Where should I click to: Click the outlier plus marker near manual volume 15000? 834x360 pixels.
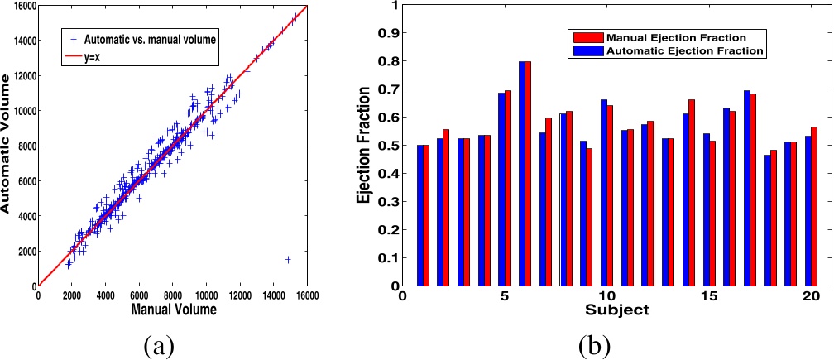288,259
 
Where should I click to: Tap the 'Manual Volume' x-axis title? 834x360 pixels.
175,310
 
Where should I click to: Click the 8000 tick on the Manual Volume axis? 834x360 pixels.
174,295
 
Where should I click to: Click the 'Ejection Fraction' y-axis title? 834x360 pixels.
362,146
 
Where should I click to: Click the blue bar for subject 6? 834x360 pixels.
523,174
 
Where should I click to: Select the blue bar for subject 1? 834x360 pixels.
420,215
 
